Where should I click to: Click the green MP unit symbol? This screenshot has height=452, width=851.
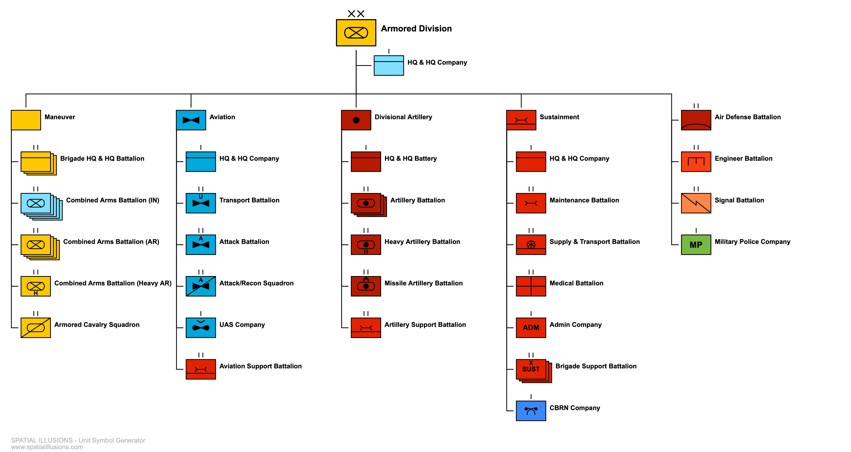(696, 245)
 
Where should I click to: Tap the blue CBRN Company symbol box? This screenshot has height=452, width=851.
(531, 411)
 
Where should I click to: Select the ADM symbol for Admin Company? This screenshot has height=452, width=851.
(531, 328)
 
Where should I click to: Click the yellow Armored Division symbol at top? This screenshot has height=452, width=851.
(356, 33)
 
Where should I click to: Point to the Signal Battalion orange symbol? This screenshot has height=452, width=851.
(696, 203)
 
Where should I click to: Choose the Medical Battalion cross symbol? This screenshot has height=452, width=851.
(531, 286)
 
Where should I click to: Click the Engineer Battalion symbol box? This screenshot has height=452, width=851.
(696, 162)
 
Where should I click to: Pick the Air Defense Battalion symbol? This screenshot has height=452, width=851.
(696, 120)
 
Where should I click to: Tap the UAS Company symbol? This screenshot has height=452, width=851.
(200, 328)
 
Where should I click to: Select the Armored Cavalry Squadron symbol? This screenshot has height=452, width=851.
(36, 328)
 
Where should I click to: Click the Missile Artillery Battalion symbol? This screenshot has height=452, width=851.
(366, 286)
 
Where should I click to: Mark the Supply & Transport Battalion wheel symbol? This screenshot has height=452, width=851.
(531, 245)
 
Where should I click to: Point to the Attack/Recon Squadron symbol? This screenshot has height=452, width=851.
(200, 286)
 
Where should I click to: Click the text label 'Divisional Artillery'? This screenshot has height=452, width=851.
(403, 117)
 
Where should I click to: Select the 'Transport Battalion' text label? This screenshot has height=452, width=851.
(249, 200)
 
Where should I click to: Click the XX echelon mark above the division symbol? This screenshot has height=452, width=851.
(356, 14)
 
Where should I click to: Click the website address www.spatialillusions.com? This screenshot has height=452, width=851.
(47, 447)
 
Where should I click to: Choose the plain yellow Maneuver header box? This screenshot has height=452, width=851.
(26, 120)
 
